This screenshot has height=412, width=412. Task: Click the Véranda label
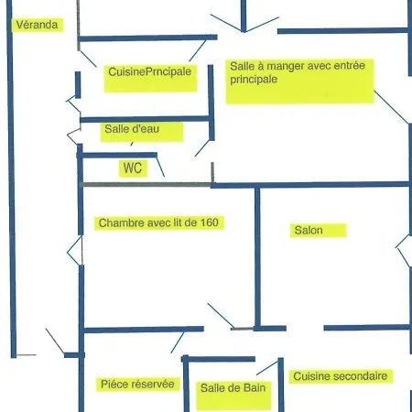[x=37, y=25]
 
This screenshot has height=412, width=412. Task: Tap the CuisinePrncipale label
[x=149, y=71]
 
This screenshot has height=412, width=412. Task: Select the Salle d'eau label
[x=132, y=129]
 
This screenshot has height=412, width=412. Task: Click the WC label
[x=133, y=168]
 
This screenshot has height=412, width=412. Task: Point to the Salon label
[x=309, y=230]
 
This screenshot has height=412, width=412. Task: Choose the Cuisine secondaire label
[x=341, y=376]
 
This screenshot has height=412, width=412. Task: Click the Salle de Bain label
[x=233, y=388]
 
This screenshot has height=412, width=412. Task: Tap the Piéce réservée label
[x=137, y=384]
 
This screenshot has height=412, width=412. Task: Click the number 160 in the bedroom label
[x=209, y=222]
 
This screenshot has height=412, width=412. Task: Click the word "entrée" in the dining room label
[x=350, y=65]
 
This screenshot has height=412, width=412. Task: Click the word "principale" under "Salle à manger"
[x=254, y=80]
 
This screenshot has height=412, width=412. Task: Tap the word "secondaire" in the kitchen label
[x=361, y=376]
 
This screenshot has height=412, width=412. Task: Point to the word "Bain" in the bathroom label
[x=254, y=388]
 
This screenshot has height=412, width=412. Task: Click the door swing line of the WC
[x=160, y=167]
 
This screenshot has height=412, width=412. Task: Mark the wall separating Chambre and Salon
[x=257, y=258]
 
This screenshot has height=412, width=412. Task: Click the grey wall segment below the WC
[x=146, y=185]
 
